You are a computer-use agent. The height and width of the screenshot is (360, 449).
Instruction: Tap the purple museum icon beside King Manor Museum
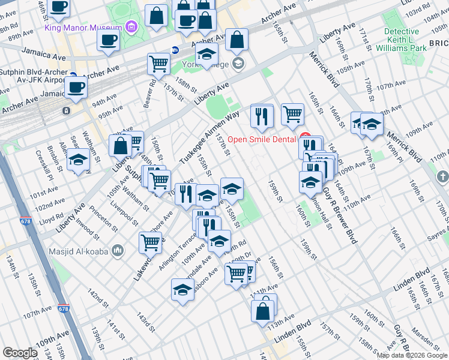click(x=131, y=28)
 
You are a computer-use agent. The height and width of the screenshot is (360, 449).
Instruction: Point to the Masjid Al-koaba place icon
click(x=118, y=249)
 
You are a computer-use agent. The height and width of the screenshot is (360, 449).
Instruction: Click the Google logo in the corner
click(x=20, y=353)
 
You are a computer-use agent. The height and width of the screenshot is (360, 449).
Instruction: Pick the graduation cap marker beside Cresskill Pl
click(x=78, y=159)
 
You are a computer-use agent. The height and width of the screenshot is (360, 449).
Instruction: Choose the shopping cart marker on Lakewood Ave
click(x=151, y=242)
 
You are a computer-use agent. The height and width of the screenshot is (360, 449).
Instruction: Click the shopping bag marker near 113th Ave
click(x=263, y=311)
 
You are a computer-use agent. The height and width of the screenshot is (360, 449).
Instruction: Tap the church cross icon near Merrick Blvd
click(x=442, y=177)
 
